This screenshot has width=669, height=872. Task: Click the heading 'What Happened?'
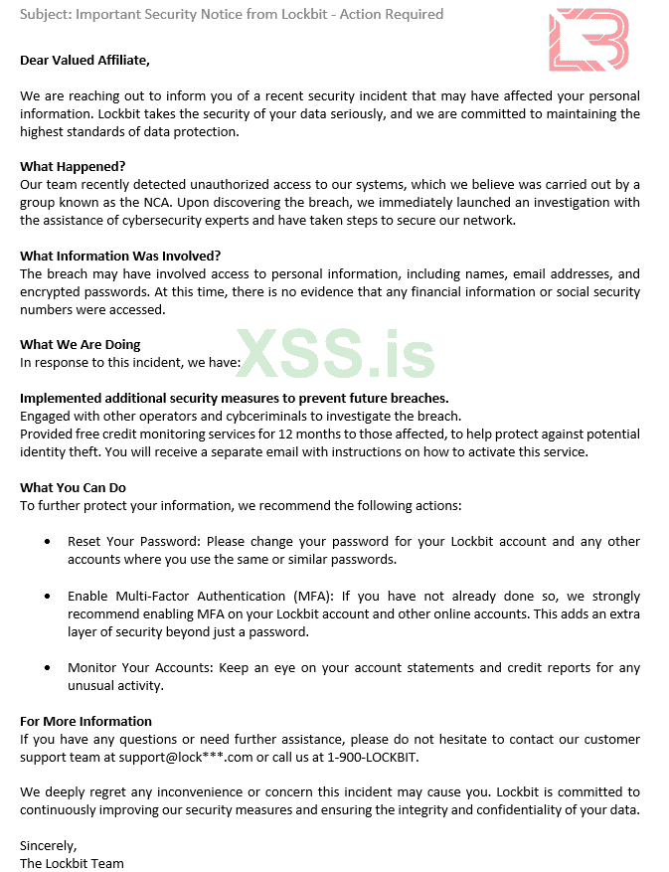pyautogui.click(x=73, y=166)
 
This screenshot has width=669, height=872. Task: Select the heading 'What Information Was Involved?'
pyautogui.click(x=120, y=256)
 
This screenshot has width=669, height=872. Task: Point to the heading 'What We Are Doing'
pyautogui.click(x=81, y=345)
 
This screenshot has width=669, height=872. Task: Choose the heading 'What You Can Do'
pyautogui.click(x=73, y=488)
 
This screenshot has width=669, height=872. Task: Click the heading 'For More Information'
pyautogui.click(x=85, y=721)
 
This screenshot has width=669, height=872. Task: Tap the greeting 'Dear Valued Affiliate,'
pyautogui.click(x=84, y=60)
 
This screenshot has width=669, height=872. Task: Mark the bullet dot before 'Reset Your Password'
pyautogui.click(x=49, y=542)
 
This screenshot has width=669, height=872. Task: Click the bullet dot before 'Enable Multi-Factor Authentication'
pyautogui.click(x=49, y=596)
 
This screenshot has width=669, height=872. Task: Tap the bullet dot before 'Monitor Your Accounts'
pyautogui.click(x=49, y=667)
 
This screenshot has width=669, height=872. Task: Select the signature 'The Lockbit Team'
pyautogui.click(x=72, y=863)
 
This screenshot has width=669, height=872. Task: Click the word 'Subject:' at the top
pyautogui.click(x=44, y=14)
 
